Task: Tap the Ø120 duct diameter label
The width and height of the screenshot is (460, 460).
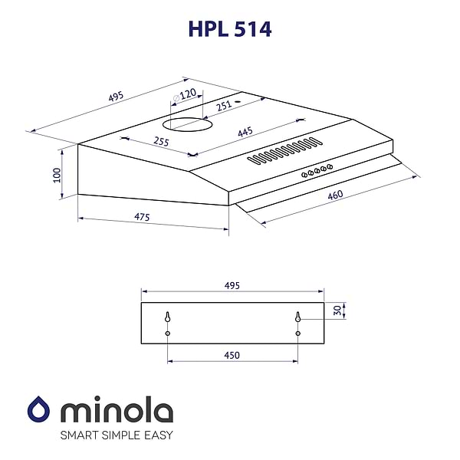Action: pos(185,94)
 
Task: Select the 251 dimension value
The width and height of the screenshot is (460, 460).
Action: pos(223,107)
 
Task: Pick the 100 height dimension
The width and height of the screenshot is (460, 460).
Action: pos(56,174)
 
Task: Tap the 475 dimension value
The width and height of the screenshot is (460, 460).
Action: pos(141,217)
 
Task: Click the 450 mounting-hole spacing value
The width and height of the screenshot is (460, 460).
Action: pos(232,355)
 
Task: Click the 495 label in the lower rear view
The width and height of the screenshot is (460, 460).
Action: pos(232,285)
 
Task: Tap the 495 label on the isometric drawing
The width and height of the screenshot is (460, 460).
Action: pos(116,97)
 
